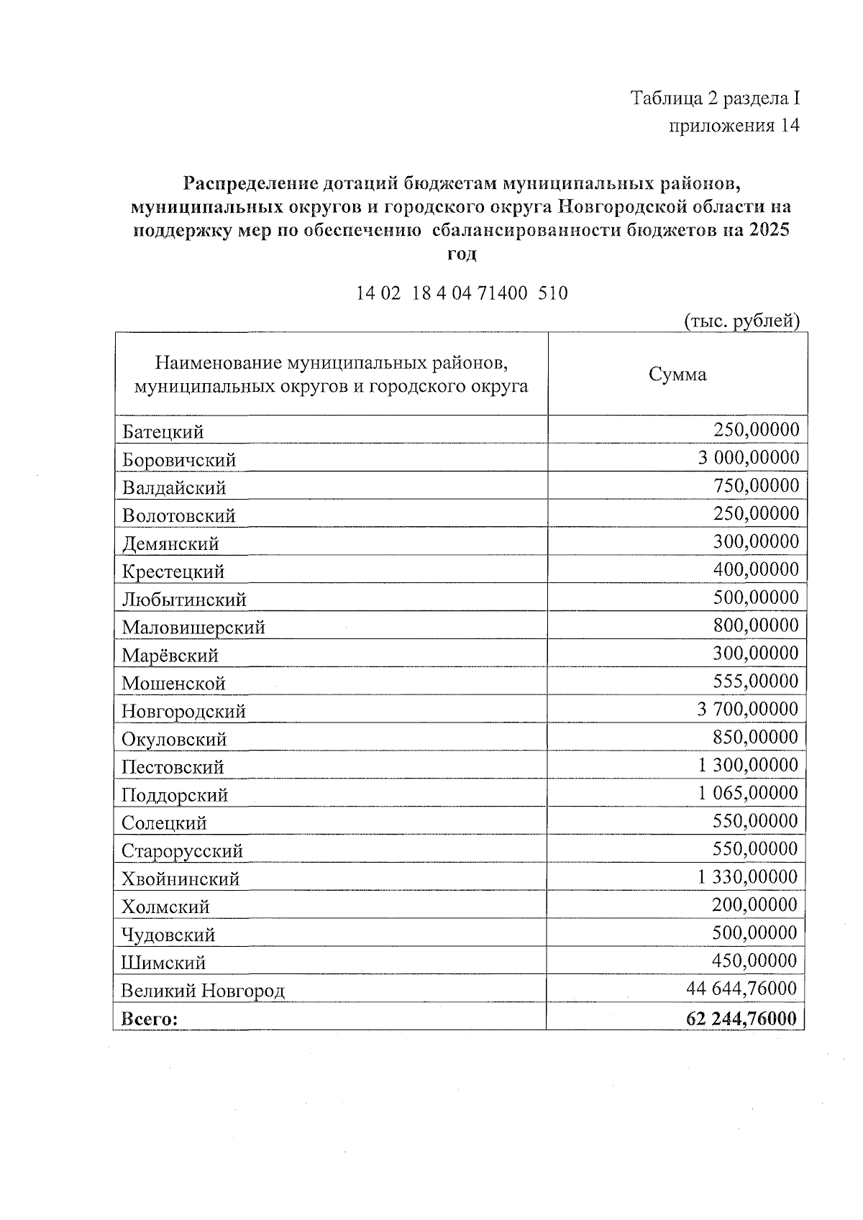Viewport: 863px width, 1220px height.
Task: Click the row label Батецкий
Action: click(163, 432)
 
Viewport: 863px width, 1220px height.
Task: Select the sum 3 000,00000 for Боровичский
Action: click(748, 458)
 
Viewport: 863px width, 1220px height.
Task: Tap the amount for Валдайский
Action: click(756, 486)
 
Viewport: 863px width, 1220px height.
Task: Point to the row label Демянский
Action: click(170, 544)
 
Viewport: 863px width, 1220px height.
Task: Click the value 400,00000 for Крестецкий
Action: click(756, 570)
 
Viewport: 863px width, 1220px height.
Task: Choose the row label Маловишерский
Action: click(193, 628)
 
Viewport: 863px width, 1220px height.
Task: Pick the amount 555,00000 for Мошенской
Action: click(755, 682)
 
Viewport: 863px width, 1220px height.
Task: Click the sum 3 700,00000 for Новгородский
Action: click(747, 710)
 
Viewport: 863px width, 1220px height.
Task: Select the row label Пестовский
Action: click(173, 767)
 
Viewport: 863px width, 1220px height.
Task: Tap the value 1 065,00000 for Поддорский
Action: click(747, 794)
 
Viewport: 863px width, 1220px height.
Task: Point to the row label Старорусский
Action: click(182, 851)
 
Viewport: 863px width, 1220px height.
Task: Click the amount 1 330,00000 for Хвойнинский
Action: click(747, 877)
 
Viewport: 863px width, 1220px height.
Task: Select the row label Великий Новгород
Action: click(203, 991)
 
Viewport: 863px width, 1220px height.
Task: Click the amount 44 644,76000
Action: click(741, 989)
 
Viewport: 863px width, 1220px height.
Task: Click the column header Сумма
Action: click(677, 375)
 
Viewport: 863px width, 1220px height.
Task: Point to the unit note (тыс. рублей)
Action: click(741, 321)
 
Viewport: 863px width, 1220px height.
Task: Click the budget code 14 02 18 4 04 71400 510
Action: click(462, 293)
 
